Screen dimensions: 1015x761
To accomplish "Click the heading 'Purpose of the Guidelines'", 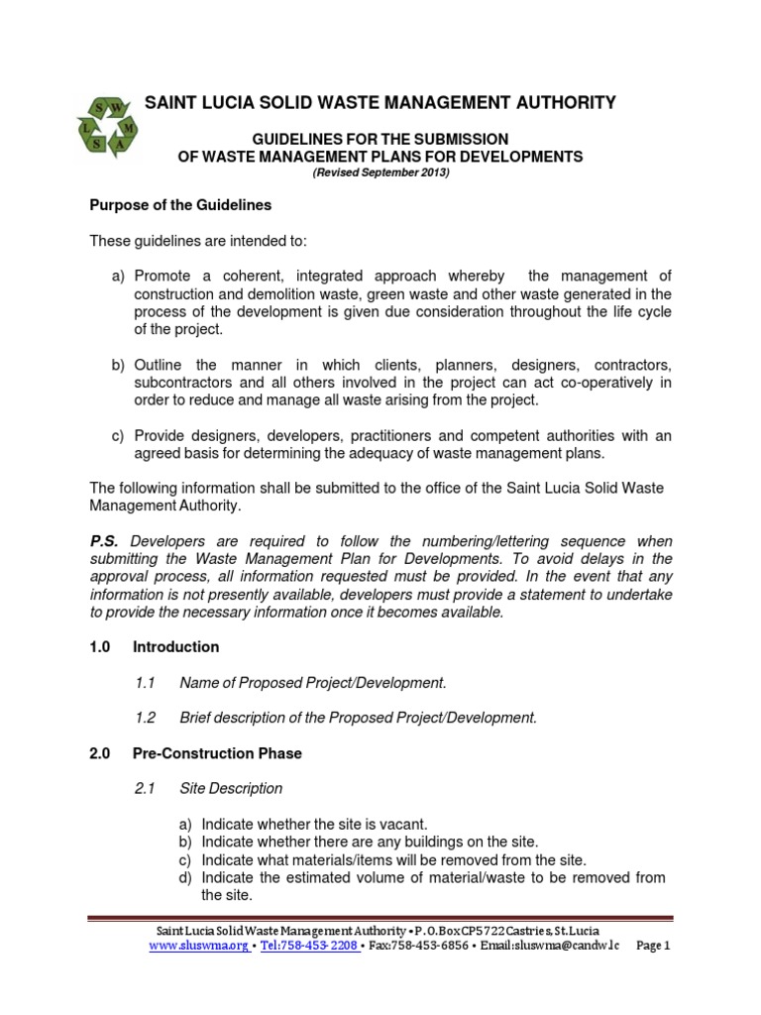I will pos(180,205).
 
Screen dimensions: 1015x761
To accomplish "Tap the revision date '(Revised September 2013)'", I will pos(381,172).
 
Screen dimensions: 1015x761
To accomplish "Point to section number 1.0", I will pos(102,647).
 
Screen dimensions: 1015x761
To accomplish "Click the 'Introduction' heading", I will pos(175,647).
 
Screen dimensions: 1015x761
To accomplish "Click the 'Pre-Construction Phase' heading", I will pos(217,754).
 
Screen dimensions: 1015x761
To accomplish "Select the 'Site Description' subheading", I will pos(231,789).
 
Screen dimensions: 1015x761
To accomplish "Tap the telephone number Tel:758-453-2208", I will pos(308,947).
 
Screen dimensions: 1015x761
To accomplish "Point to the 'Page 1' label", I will pos(653,947).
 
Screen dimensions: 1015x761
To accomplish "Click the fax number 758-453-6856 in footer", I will pos(427,947).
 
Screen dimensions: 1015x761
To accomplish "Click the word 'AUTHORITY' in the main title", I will pos(560,102).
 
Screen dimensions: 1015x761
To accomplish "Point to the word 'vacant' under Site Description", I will pos(404,825).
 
